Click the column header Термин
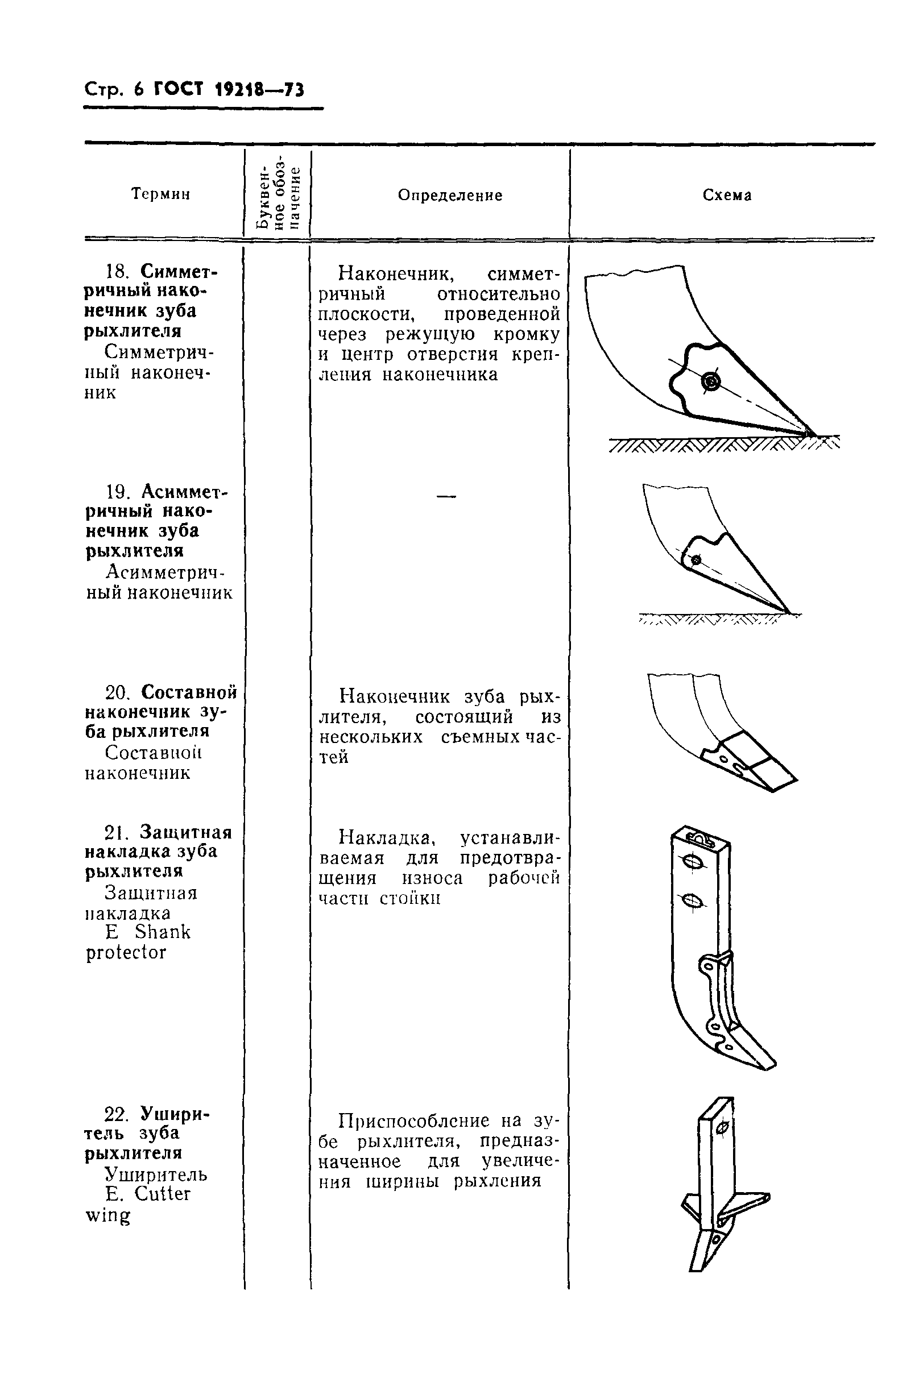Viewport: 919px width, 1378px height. click(160, 194)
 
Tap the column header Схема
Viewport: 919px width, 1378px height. click(727, 195)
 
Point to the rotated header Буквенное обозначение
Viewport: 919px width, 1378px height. click(279, 193)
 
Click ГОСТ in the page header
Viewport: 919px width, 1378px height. click(178, 90)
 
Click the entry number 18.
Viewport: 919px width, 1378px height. click(117, 272)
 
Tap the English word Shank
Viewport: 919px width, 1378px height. click(162, 932)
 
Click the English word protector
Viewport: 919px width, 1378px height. click(126, 952)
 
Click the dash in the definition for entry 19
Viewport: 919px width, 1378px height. click(446, 497)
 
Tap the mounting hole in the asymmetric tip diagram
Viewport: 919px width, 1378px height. click(696, 560)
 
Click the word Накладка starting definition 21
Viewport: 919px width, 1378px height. click(387, 838)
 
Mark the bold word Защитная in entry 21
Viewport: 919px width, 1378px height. click(186, 832)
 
